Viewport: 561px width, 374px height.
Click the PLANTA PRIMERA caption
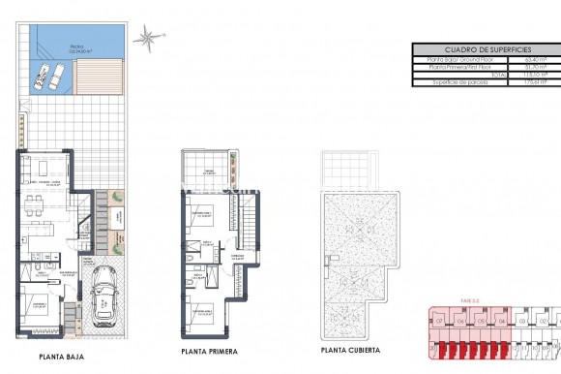point(208,351)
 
